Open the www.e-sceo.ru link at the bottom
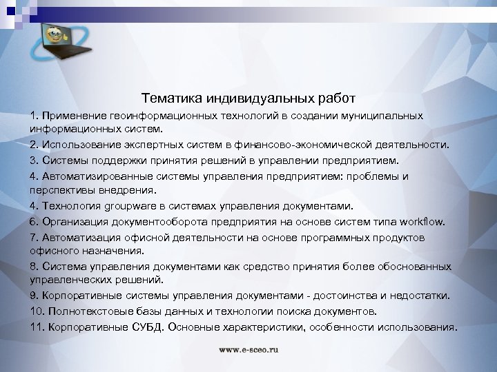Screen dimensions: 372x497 [248, 350]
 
